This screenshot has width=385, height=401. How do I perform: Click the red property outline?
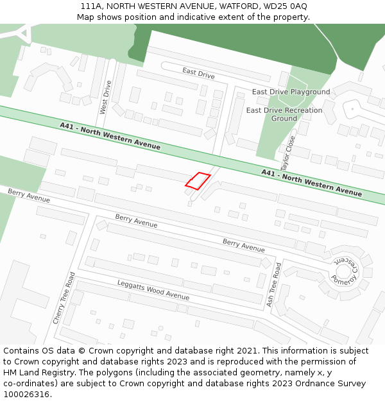pyautogui.click(x=198, y=181)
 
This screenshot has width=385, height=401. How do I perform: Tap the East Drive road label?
pyautogui.click(x=198, y=74)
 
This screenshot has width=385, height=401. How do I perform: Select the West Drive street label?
pyautogui.click(x=105, y=98)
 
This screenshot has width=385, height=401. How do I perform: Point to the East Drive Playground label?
pyautogui.click(x=291, y=92)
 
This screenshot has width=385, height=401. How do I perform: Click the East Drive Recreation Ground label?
pyautogui.click(x=284, y=114)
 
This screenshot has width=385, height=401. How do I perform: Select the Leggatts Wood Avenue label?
pyautogui.click(x=153, y=290)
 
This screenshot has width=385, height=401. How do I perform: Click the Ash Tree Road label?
pyautogui.click(x=275, y=284)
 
